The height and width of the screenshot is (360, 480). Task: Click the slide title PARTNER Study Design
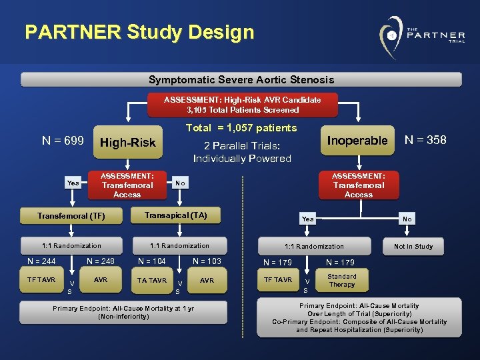click(139, 32)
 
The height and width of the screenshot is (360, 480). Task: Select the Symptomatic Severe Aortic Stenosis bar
click(241, 80)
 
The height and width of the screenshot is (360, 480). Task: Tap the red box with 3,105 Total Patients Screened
click(243, 105)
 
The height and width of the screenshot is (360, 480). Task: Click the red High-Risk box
click(127, 142)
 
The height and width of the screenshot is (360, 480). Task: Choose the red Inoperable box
click(357, 141)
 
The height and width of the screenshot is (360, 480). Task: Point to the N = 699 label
click(63, 141)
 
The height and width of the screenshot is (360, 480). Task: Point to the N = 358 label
click(426, 140)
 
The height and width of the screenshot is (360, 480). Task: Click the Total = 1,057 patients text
click(241, 128)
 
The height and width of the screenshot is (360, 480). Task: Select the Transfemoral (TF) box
click(71, 215)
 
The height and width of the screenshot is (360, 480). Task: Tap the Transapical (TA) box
click(176, 215)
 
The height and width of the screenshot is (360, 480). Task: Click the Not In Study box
click(413, 246)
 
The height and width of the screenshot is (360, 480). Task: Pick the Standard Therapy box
click(342, 280)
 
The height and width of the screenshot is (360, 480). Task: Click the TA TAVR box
click(152, 280)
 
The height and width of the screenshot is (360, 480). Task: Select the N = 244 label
click(41, 261)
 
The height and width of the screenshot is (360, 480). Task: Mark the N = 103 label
click(207, 261)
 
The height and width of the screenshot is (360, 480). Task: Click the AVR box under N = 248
click(101, 280)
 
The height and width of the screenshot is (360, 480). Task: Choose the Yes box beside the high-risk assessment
click(73, 183)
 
